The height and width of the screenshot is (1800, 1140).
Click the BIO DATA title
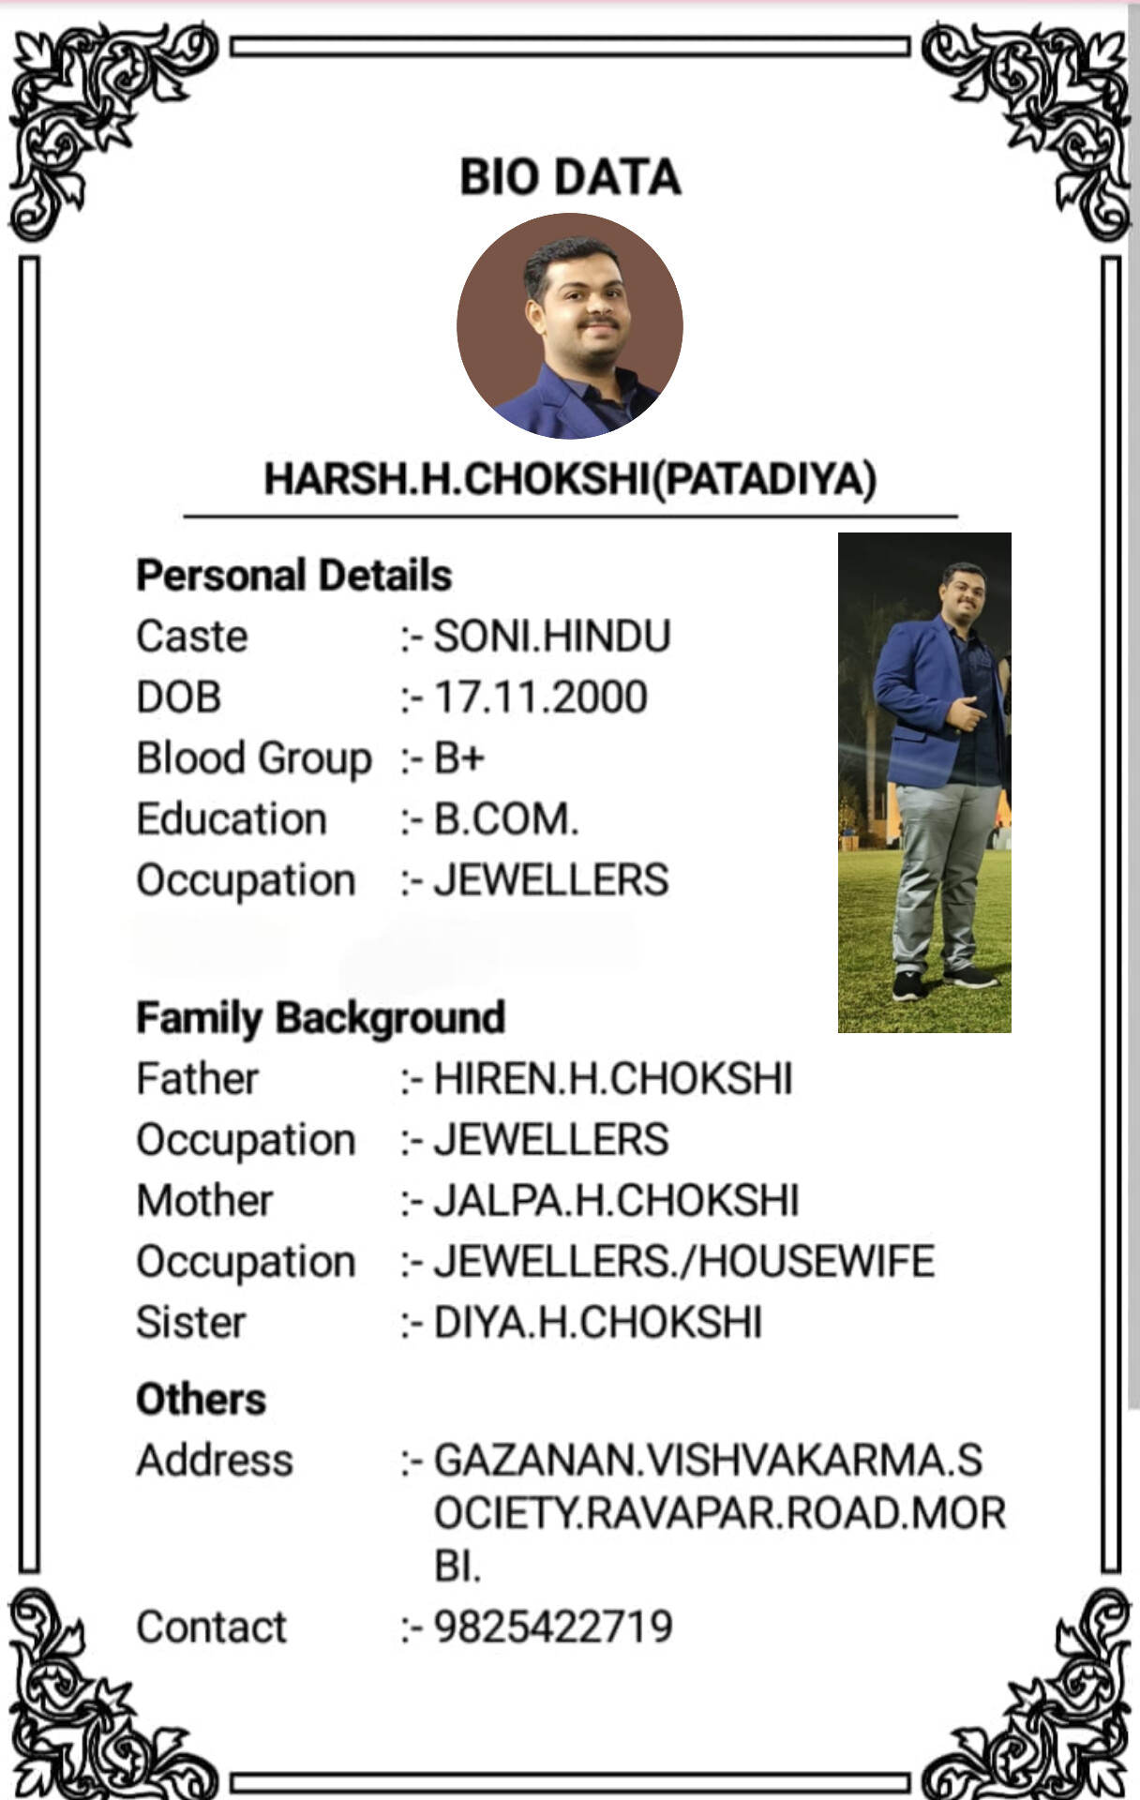click(570, 177)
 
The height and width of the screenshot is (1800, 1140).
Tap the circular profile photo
click(570, 325)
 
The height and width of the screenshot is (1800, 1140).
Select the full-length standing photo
click(924, 782)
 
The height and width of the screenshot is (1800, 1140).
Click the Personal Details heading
click(294, 576)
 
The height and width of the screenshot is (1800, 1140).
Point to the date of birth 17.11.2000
click(540, 697)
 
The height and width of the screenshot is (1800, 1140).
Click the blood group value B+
click(459, 758)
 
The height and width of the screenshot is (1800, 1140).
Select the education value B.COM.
click(506, 819)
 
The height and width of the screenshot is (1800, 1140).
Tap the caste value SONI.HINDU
click(552, 637)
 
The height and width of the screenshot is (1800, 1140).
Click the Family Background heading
click(321, 1018)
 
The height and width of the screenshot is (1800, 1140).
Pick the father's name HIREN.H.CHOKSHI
click(613, 1079)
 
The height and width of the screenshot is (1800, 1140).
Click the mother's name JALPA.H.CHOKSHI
click(616, 1201)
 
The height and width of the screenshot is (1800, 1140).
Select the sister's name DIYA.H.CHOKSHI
click(598, 1323)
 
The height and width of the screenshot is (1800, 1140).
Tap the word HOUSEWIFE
click(817, 1262)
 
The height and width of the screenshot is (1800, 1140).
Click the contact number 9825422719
click(553, 1627)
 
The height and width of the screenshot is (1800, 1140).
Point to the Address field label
click(215, 1461)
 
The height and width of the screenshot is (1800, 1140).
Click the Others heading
click(202, 1400)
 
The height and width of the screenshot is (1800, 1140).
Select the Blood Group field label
click(254, 758)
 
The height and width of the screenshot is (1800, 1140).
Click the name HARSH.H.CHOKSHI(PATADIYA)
click(570, 479)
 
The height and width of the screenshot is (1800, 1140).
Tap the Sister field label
click(191, 1323)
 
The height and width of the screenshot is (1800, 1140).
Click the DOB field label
click(179, 697)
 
